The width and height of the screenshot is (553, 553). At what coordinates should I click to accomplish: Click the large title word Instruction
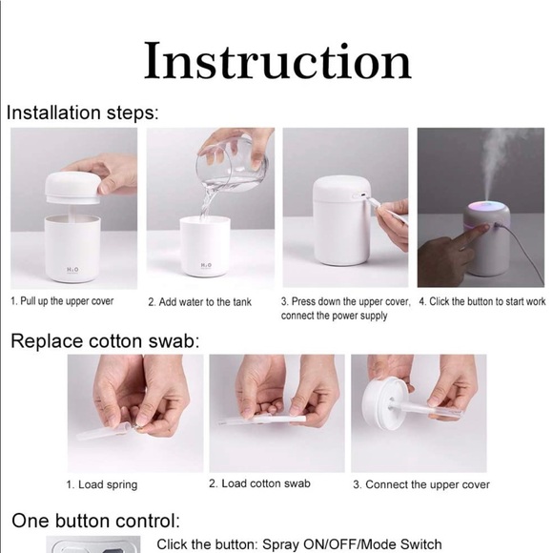(276, 61)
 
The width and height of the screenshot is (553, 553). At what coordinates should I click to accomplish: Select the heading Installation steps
(82, 113)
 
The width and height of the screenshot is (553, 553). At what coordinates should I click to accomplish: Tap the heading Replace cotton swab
(105, 340)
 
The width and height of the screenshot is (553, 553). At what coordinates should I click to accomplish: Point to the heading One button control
(94, 521)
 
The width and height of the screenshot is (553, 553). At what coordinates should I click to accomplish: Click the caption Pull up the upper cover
(62, 301)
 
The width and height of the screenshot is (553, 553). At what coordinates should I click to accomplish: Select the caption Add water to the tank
(199, 302)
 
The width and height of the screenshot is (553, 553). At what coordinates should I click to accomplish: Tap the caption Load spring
(101, 484)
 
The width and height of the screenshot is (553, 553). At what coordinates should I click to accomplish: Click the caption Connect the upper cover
(420, 484)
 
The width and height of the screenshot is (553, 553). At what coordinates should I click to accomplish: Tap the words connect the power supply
(334, 316)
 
